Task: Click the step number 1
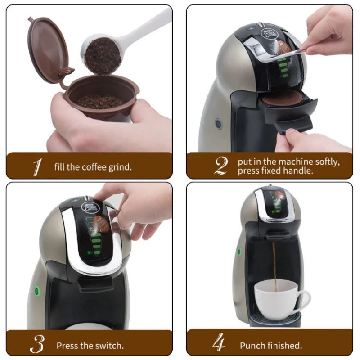click(x=37, y=167)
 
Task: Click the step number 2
click(x=220, y=166)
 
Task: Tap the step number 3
click(x=37, y=345)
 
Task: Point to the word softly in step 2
click(x=327, y=161)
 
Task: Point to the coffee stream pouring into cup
click(x=273, y=261)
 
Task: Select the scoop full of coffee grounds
click(x=103, y=54)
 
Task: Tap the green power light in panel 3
click(x=37, y=291)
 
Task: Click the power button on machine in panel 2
click(x=219, y=123)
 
